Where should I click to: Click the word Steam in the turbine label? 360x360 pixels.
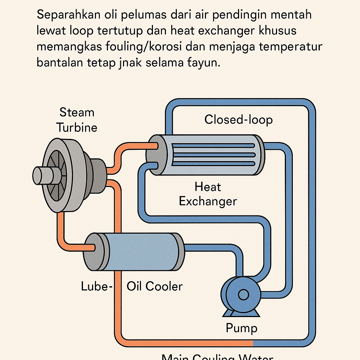click(x=77, y=113)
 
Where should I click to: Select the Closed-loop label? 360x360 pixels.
click(x=238, y=120)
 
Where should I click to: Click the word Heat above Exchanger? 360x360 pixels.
click(x=208, y=187)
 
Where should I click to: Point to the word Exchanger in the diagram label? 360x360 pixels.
click(x=208, y=201)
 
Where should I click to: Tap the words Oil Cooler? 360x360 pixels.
click(x=155, y=286)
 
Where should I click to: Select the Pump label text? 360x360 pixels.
click(x=241, y=328)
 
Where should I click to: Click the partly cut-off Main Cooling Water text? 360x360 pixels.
click(x=217, y=356)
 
